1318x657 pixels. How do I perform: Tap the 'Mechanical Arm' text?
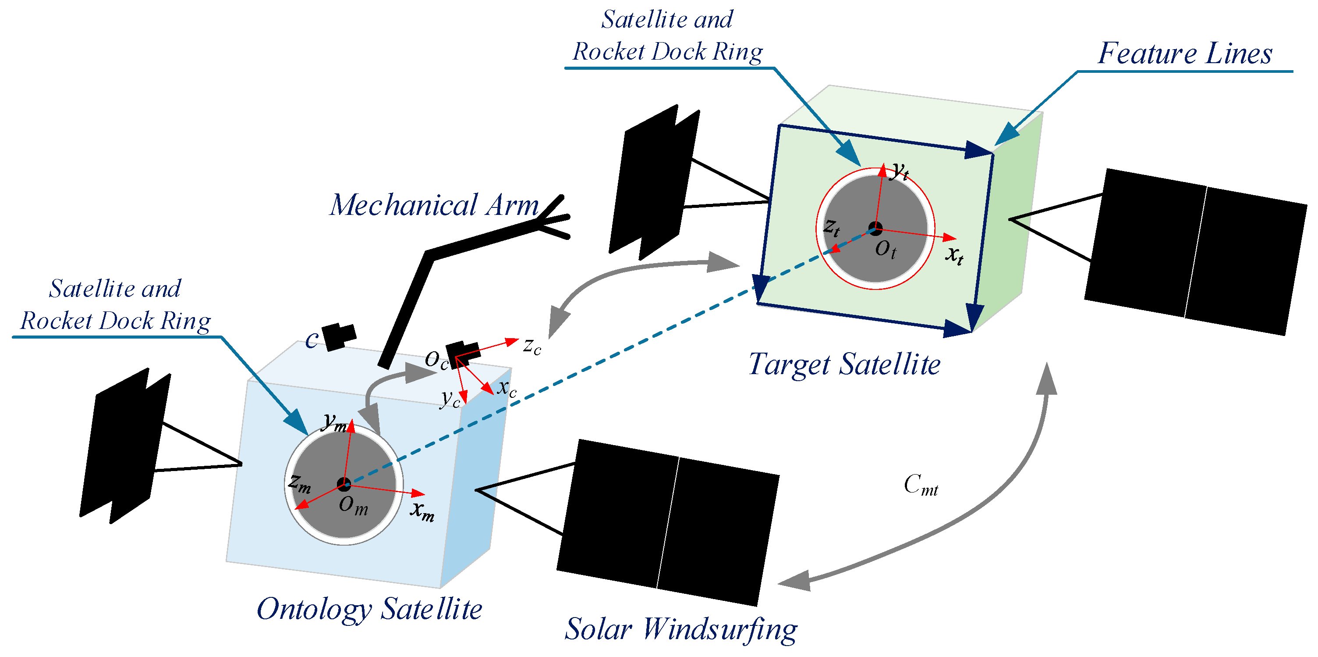434,205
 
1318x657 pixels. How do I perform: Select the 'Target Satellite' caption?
844,364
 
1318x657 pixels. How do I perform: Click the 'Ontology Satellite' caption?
369,609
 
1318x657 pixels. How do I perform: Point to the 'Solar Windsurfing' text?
680,629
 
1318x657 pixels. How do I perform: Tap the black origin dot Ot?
875,229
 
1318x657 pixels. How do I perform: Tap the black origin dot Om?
344,484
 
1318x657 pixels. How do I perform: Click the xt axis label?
954,254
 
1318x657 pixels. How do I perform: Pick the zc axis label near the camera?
532,346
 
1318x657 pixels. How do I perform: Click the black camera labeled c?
338,336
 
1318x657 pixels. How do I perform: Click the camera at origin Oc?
462,353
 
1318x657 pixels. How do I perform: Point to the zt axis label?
832,227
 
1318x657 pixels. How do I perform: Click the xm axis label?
422,511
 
